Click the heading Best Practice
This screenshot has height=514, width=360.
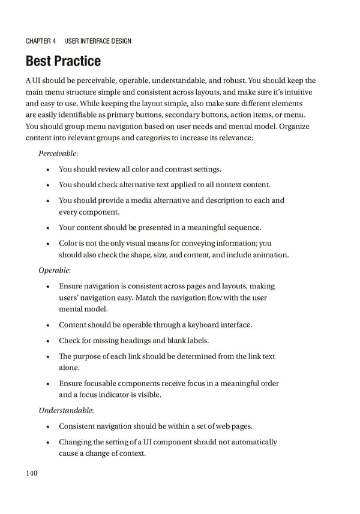pyautogui.click(x=63, y=61)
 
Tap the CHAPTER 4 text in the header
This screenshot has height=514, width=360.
pyautogui.click(x=41, y=41)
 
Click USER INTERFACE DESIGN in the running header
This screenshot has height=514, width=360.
pyautogui.click(x=97, y=41)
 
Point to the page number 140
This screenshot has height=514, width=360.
pyautogui.click(x=32, y=474)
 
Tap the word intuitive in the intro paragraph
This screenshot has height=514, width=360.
pyautogui.click(x=295, y=92)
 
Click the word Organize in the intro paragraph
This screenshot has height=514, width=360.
pyautogui.click(x=295, y=127)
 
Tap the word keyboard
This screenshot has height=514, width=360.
pyautogui.click(x=200, y=325)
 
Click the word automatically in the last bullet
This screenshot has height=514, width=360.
pyautogui.click(x=253, y=442)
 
